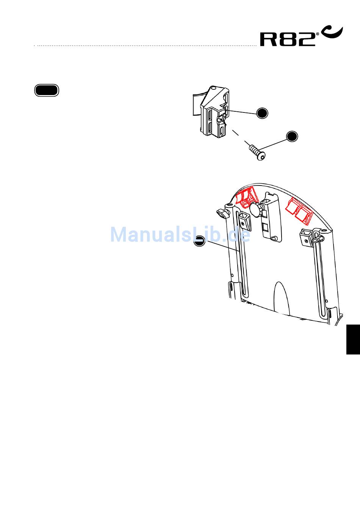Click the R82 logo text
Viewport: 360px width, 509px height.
pos(288,39)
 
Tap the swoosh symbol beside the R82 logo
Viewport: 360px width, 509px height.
pos(332,32)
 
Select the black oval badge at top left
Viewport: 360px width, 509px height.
pos(47,91)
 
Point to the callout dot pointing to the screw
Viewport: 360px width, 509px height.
pos(292,136)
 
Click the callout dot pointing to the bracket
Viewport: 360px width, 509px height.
pos(262,113)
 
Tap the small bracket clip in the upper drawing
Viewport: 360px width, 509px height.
pos(214,112)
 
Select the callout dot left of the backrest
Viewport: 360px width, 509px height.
pos(199,240)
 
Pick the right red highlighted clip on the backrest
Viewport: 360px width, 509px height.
pos(300,210)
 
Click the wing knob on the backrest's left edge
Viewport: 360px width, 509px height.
pos(223,213)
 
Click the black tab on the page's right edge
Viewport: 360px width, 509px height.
pos(353,339)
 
